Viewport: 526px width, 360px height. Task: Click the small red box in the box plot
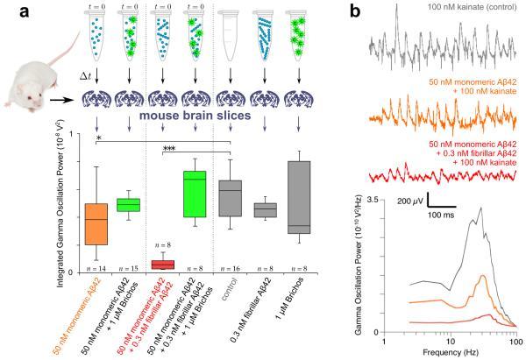pyautogui.click(x=162, y=265)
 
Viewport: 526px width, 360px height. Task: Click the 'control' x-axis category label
pyautogui.click(x=231, y=293)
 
